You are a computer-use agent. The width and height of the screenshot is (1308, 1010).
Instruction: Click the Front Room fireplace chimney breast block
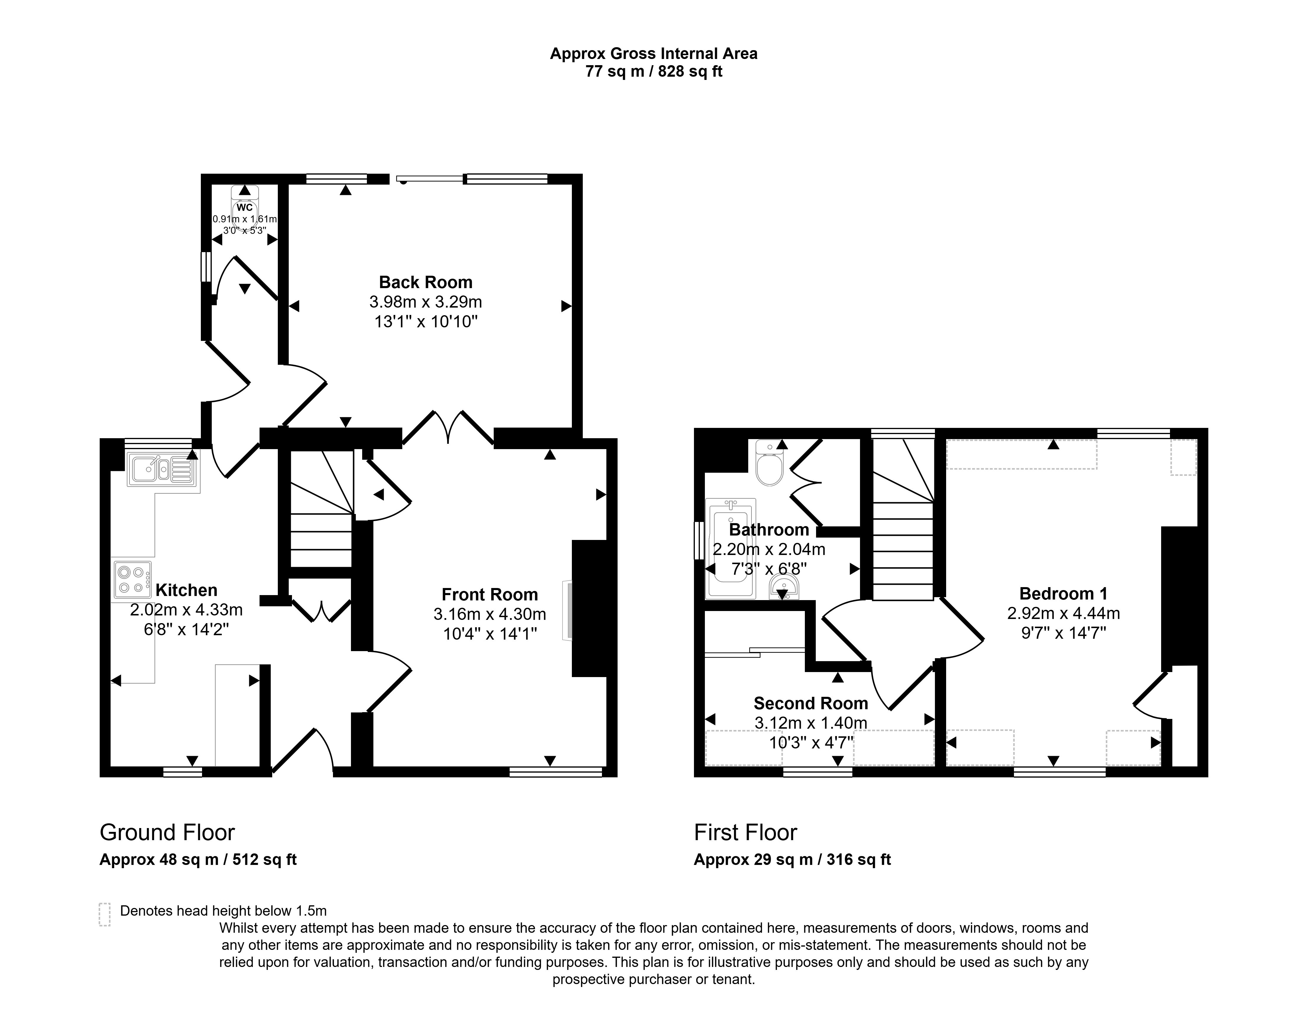(x=590, y=608)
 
